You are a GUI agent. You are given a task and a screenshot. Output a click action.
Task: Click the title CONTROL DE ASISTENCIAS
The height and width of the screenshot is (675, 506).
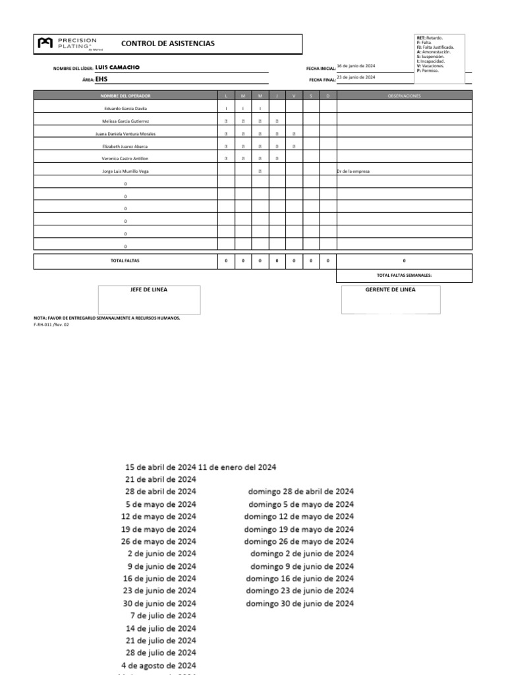coord(167,44)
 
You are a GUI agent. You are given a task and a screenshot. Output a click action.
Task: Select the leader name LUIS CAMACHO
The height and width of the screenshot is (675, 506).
coord(117,67)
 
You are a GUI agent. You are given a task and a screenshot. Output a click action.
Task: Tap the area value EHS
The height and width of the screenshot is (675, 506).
coord(101,78)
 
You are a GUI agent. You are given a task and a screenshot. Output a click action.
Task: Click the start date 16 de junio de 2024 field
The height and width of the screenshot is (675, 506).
coord(356,66)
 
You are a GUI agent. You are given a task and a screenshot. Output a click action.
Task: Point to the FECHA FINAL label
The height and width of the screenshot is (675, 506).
coord(322,80)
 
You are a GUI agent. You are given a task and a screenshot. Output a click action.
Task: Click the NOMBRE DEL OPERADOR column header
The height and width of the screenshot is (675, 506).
coord(126,96)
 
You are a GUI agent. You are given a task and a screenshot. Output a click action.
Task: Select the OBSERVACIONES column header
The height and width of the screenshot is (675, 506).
coord(404,96)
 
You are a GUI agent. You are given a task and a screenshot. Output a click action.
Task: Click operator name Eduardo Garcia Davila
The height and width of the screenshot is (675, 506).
coord(126,108)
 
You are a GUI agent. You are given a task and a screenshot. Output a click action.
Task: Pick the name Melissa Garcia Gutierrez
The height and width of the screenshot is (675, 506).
coord(126,121)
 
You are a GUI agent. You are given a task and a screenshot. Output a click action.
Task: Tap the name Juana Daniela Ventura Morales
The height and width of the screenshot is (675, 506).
coord(126,134)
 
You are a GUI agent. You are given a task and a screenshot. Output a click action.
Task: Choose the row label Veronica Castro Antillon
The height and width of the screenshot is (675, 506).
coord(126,159)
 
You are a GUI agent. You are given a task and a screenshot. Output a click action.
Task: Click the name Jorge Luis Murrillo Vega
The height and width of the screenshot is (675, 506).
coord(126,171)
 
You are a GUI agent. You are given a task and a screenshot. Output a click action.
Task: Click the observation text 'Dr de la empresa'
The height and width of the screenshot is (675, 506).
coord(353,171)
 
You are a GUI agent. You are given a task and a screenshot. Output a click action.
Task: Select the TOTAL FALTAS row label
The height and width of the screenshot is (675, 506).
coord(126,261)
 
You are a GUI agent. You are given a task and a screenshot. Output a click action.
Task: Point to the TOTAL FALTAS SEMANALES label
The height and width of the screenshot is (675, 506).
coord(404,276)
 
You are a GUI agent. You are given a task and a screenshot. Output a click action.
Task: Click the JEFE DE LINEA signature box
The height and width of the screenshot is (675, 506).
coord(150,300)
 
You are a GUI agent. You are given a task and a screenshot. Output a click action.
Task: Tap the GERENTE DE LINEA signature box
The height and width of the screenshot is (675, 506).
coord(390,300)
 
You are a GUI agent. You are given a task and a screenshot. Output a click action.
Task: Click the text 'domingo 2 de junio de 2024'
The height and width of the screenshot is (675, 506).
coord(302,554)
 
